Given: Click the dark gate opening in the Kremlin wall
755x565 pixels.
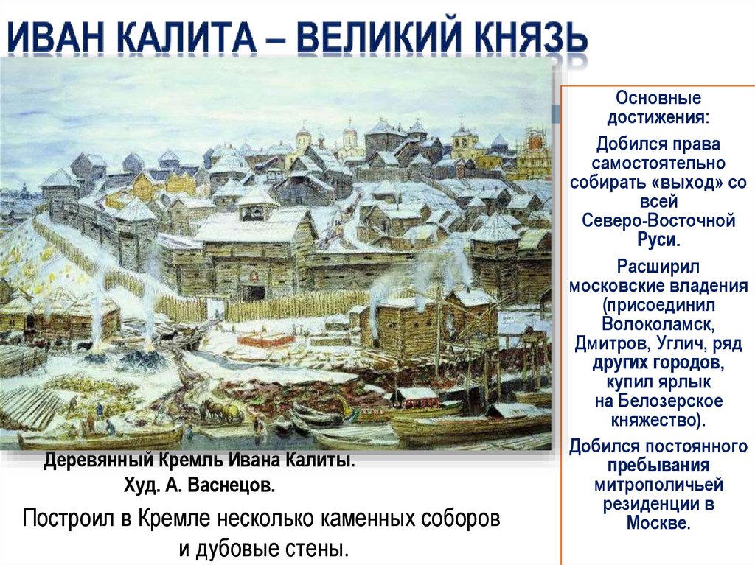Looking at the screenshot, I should (253, 292).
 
